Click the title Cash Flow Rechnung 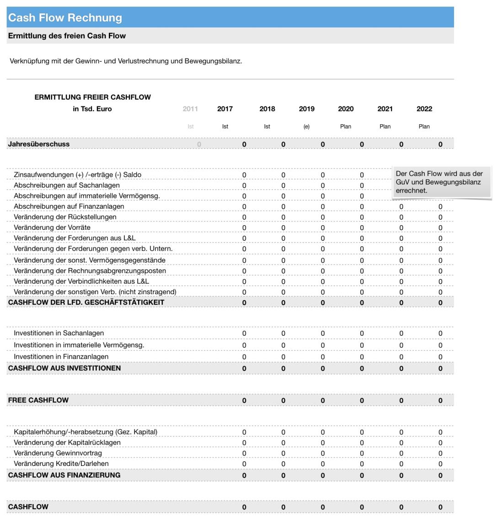coord(65,18)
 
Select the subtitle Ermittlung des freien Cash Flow coord(67,36)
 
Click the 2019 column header coord(306,109)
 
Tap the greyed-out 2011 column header coord(190,109)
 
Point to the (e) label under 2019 coord(306,127)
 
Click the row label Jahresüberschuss coord(39,144)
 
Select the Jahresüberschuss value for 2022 coord(440,144)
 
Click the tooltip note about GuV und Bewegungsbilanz coord(441,182)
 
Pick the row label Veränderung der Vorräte coord(52,227)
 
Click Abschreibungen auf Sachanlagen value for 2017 coord(244,185)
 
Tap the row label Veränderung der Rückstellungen coord(65,217)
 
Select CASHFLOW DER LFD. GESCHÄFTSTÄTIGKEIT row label coord(86,302)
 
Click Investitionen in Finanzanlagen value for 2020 coord(361,357)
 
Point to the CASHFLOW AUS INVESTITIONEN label coord(64,368)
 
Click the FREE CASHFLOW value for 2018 coord(283,401)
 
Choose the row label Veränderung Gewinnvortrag coord(58,453)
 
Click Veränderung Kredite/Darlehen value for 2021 coord(401,464)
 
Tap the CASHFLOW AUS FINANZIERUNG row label coord(64,475)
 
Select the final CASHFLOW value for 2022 coord(440,507)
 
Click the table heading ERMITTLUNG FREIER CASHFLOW coord(92,97)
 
